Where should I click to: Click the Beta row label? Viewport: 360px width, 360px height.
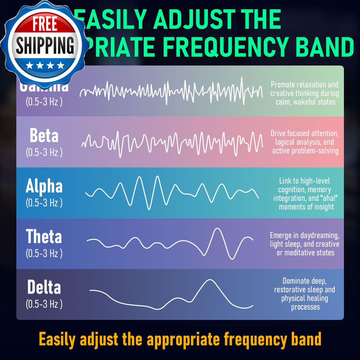[44, 136]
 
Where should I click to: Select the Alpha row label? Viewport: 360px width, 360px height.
[44, 186]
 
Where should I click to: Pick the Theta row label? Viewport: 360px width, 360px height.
[44, 237]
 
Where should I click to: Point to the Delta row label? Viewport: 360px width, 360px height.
[44, 288]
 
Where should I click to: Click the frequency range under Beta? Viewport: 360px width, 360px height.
[44, 152]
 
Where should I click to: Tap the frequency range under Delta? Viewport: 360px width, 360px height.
[44, 304]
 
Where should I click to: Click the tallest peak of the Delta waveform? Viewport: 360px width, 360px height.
[208, 280]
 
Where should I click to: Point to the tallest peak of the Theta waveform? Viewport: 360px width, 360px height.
[217, 229]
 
